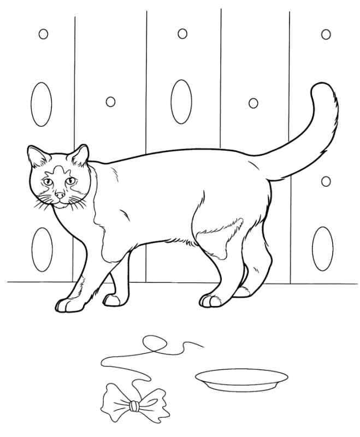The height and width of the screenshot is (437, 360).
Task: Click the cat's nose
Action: coord(60,194)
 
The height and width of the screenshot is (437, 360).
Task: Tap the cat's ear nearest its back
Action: coord(80,155)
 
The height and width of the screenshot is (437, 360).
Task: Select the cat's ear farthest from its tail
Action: coord(37,158)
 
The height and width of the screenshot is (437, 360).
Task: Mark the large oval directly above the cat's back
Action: coord(181,101)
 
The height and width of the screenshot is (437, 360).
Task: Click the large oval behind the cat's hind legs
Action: coord(322,247)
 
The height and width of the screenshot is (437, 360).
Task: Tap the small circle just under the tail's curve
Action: coord(326,181)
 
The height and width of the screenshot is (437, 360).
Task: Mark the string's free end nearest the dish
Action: coord(204,346)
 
